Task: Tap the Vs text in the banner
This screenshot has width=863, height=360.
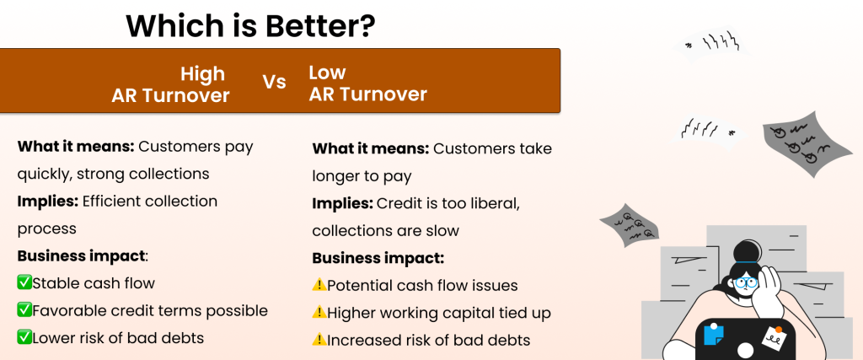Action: pyautogui.click(x=274, y=83)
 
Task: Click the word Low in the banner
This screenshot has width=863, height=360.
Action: pyautogui.click(x=327, y=73)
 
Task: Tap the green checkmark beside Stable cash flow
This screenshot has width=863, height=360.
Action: pyautogui.click(x=24, y=283)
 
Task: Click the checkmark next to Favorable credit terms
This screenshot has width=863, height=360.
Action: pyautogui.click(x=24, y=310)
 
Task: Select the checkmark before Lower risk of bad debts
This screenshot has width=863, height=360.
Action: pyautogui.click(x=24, y=337)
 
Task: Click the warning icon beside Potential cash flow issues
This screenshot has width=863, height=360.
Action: pyautogui.click(x=319, y=286)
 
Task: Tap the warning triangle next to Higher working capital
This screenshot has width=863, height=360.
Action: pyautogui.click(x=319, y=313)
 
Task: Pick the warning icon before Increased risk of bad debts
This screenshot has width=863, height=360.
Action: pyautogui.click(x=319, y=340)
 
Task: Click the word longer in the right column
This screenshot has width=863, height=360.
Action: pyautogui.click(x=338, y=177)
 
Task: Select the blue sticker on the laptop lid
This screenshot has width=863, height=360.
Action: pyautogui.click(x=715, y=334)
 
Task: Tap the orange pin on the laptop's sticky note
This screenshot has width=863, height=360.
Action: pyautogui.click(x=778, y=330)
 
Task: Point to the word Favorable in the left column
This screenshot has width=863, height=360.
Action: pyautogui.click(x=70, y=310)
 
